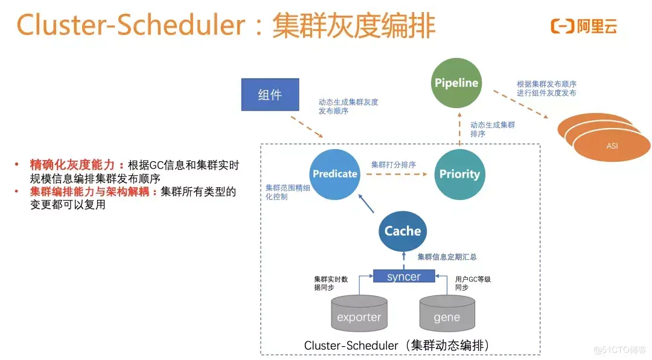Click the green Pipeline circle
pos(456,83)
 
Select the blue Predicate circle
pos(335,174)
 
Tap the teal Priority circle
pos(459,174)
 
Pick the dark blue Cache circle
pos(403,231)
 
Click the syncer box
pos(404,277)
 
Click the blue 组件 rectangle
pos(270,94)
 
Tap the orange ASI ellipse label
pos(612,146)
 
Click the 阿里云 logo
pos(584,26)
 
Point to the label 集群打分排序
pos(393,164)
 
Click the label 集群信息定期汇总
pos(447,257)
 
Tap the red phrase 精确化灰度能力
pos(77,165)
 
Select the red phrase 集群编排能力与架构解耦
pos(94,192)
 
